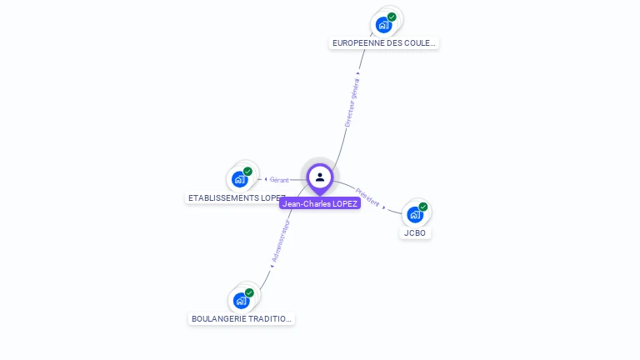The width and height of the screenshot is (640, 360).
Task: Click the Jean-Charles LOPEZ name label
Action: pos(320,203)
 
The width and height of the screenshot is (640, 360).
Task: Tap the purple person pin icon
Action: pos(320,177)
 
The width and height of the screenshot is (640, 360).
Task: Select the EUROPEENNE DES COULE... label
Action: pos(383,42)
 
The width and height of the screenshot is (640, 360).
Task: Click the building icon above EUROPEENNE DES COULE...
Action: pos(382,24)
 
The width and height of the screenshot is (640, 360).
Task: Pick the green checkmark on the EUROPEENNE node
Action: pos(392,17)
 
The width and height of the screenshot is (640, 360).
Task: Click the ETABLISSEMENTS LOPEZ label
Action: pos(236,198)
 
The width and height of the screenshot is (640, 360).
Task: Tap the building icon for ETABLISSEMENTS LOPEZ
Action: pos(239,178)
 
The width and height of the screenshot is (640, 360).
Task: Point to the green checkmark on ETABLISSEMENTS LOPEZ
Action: pos(247,172)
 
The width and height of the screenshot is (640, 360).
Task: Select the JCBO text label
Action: pos(415,233)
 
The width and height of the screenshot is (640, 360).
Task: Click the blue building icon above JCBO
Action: pos(414,214)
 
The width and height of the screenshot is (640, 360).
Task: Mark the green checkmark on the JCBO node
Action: pos(423,207)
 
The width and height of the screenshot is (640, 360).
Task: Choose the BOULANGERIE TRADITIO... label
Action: pos(242,318)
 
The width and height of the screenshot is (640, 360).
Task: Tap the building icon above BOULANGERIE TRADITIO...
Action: pos(241,300)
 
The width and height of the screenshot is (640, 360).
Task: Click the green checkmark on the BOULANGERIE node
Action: pos(249,292)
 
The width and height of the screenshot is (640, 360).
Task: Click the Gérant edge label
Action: pos(279,179)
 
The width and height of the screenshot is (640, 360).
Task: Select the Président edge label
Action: pos(367,197)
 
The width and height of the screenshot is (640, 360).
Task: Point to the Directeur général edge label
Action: pos(352,102)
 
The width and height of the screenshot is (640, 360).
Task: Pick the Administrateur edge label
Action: pos(281,242)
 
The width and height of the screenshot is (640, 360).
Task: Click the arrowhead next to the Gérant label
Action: pos(264,179)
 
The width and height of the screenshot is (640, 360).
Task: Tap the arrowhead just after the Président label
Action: pos(384,207)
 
